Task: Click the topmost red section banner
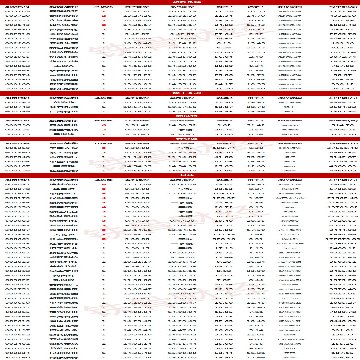click(180, 2)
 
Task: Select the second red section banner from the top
click(180, 93)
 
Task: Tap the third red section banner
click(180, 115)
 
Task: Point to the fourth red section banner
click(180, 138)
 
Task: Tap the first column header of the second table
click(18, 98)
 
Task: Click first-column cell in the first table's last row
click(18, 87)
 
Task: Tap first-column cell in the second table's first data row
click(18, 104)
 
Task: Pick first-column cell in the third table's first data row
click(18, 126)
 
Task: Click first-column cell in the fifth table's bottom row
click(18, 355)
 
